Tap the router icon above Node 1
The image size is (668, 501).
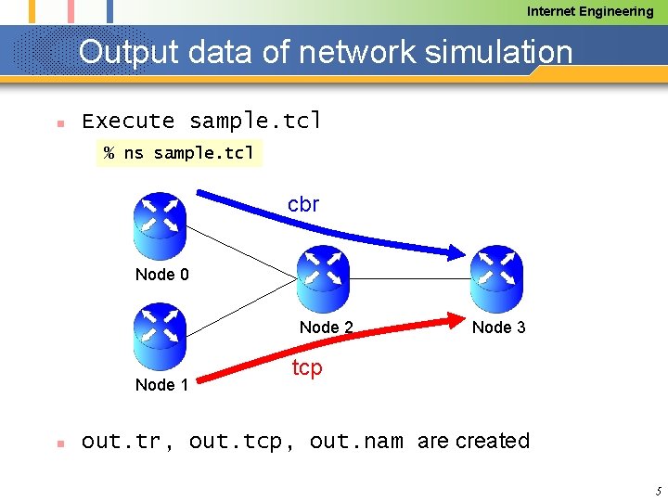click(x=160, y=336)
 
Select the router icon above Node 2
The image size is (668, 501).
click(x=322, y=278)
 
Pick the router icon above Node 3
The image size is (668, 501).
click(x=496, y=278)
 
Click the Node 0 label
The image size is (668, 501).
click(x=161, y=275)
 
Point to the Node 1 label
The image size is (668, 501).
click(x=161, y=384)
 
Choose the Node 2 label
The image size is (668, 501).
click(x=326, y=327)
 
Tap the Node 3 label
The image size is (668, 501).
click(x=498, y=327)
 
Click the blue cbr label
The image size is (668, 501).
click(x=303, y=205)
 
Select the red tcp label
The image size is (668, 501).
click(x=307, y=368)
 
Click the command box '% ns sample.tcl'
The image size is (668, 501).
click(x=179, y=153)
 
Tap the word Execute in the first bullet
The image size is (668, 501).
click(x=128, y=121)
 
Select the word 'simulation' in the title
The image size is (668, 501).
click(x=498, y=52)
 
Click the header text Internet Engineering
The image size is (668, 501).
click(x=590, y=11)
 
